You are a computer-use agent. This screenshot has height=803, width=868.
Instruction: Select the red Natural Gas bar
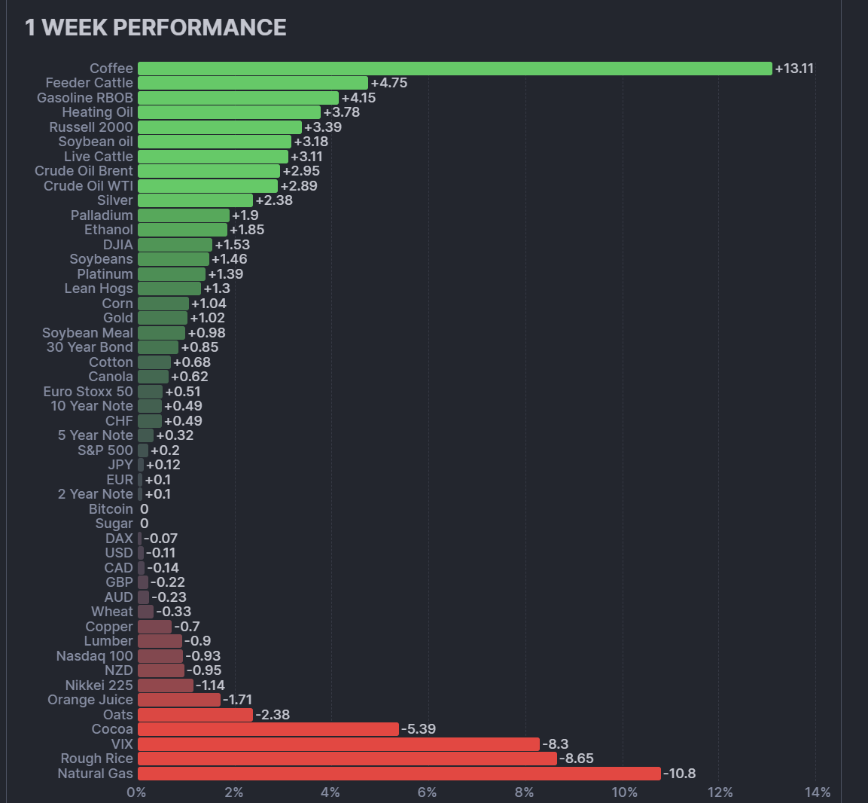tap(399, 774)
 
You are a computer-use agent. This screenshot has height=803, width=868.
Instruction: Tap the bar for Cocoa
tap(268, 729)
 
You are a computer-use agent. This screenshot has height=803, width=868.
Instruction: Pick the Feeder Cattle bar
tap(253, 83)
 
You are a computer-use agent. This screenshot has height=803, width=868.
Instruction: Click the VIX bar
tap(339, 744)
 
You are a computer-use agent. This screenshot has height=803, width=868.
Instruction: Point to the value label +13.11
tap(794, 69)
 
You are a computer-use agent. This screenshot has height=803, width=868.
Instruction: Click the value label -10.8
tap(680, 774)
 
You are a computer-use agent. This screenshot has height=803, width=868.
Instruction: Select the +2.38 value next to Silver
tap(274, 200)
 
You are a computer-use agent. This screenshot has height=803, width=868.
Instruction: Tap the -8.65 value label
tap(577, 759)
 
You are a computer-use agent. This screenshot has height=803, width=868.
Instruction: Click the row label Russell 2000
tap(91, 127)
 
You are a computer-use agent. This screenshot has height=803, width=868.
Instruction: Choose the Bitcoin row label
tap(111, 509)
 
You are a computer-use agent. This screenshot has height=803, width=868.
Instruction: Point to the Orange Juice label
tap(90, 700)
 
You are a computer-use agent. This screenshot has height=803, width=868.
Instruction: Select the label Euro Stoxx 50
tap(88, 392)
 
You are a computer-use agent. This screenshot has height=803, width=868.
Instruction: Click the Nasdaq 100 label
tap(95, 656)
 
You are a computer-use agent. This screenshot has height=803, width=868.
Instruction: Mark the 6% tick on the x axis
tap(427, 792)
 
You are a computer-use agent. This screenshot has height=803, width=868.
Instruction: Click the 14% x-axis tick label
tap(818, 792)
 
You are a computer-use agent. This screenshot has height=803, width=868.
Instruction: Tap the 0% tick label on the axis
tap(136, 792)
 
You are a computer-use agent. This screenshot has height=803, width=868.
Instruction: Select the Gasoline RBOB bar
tap(238, 98)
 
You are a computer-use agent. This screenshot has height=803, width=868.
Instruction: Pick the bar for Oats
tap(195, 715)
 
